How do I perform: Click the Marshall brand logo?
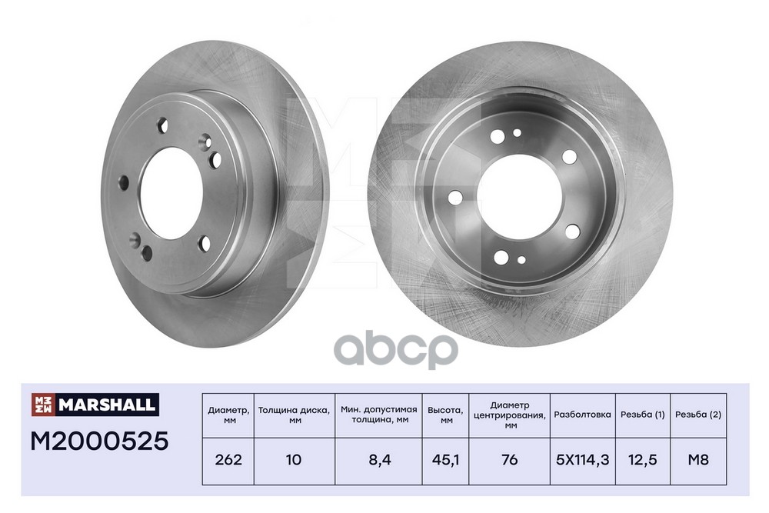click(95, 405)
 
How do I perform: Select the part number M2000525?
click(99, 441)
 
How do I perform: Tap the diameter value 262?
click(228, 459)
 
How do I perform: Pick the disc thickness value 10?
click(294, 459)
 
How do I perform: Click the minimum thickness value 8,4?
click(379, 460)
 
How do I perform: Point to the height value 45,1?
click(446, 459)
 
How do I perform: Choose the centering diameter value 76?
click(510, 459)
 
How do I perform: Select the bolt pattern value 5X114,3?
click(583, 460)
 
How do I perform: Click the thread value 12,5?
click(642, 460)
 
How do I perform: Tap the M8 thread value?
click(698, 459)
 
